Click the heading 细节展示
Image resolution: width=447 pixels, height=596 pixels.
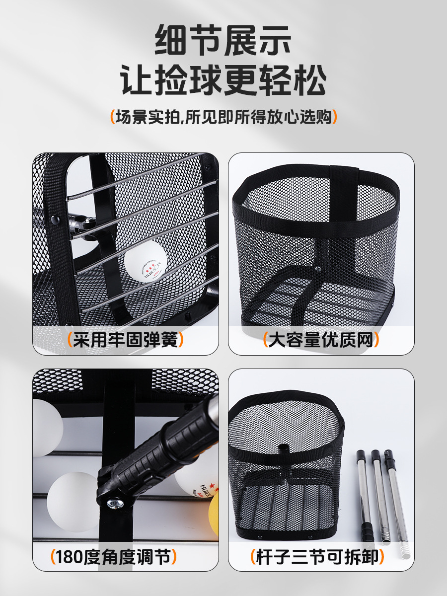(x=223, y=41)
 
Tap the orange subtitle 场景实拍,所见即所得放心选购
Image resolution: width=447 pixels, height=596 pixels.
(x=223, y=117)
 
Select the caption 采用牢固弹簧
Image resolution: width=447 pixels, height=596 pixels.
(x=125, y=340)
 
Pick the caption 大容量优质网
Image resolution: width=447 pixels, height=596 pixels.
(x=321, y=340)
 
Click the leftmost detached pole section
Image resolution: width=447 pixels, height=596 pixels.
(x=365, y=497)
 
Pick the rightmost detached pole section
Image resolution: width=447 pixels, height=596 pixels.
(x=396, y=502)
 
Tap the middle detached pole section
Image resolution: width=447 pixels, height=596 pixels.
(x=380, y=497)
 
